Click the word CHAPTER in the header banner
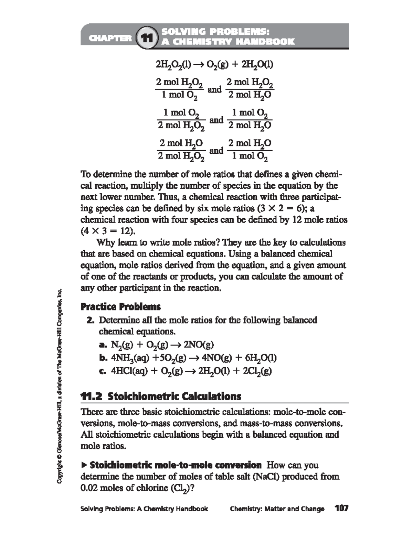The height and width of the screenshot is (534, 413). tap(110, 38)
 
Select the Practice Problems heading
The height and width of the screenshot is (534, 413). tap(120, 306)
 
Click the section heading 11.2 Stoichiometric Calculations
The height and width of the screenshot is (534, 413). tap(160, 396)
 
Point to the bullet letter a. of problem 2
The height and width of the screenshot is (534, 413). tap(103, 345)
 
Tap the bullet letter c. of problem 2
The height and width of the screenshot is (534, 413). tap(103, 371)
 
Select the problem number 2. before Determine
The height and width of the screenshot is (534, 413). tap(91, 320)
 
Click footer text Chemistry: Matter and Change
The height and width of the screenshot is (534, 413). tap(277, 509)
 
